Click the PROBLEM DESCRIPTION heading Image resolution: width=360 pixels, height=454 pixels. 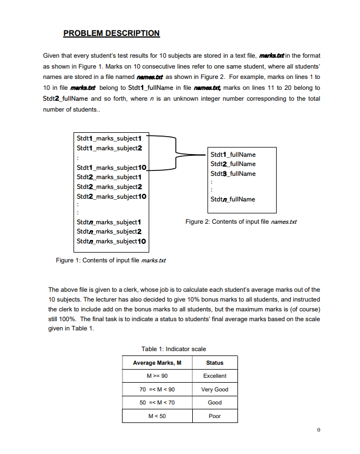tap(111, 33)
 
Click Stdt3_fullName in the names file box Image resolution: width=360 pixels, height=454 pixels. tap(233, 174)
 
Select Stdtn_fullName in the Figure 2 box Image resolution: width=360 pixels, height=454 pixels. tap(233, 199)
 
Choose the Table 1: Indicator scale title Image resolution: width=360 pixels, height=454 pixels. tap(174, 349)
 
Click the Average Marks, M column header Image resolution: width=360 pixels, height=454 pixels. tap(156, 363)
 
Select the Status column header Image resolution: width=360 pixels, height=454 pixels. tap(215, 363)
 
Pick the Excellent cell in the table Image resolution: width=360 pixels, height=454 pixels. tap(215, 376)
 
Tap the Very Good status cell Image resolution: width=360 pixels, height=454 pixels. tap(215, 389)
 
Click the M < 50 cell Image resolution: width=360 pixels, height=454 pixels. tap(156, 416)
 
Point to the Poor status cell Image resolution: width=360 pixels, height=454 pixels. tap(215, 416)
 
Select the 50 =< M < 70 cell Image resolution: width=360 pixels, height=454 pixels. tap(156, 403)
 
